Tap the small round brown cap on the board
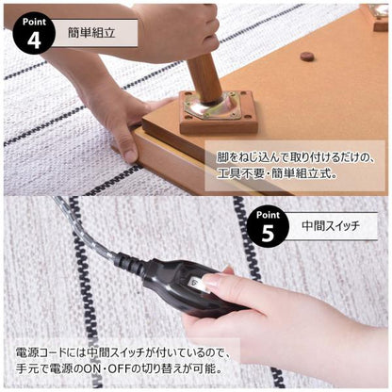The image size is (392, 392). (306, 57)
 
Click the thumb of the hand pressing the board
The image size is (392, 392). (128, 141)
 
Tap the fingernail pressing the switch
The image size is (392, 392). (209, 280)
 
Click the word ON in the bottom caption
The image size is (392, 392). (104, 367)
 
